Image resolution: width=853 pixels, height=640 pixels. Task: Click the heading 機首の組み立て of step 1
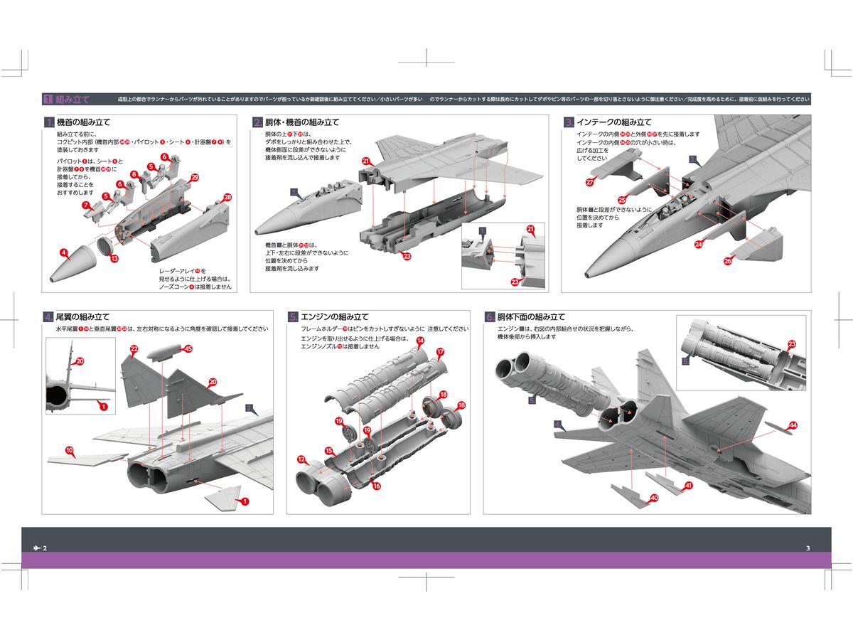click(x=83, y=122)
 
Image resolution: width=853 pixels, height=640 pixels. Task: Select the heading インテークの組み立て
click(x=613, y=122)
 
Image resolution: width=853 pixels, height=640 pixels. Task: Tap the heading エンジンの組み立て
click(x=336, y=316)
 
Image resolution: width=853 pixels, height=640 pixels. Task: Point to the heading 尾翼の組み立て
click(x=83, y=316)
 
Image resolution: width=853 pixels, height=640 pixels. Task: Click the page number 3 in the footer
click(x=808, y=548)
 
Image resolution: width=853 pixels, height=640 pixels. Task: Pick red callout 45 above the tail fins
click(x=188, y=349)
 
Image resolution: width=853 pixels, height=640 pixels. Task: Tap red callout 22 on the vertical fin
click(x=134, y=348)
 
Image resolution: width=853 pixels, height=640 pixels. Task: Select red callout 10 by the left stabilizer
click(x=70, y=450)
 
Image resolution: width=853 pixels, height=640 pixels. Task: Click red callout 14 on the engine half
click(x=420, y=341)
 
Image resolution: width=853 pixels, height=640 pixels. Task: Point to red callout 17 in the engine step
click(x=440, y=352)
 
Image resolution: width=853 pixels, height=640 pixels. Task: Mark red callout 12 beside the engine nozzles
click(x=301, y=459)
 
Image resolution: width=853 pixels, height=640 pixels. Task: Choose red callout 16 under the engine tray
click(x=377, y=486)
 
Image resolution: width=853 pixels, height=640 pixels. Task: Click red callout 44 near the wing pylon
click(x=793, y=425)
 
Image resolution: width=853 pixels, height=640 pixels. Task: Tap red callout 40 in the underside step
click(x=654, y=498)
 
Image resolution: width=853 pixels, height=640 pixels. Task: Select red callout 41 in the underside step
click(x=689, y=486)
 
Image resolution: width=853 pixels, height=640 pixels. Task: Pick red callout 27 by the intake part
click(x=590, y=183)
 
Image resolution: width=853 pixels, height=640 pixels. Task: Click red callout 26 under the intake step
click(x=727, y=261)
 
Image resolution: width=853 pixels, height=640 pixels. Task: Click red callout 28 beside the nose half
click(x=227, y=198)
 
